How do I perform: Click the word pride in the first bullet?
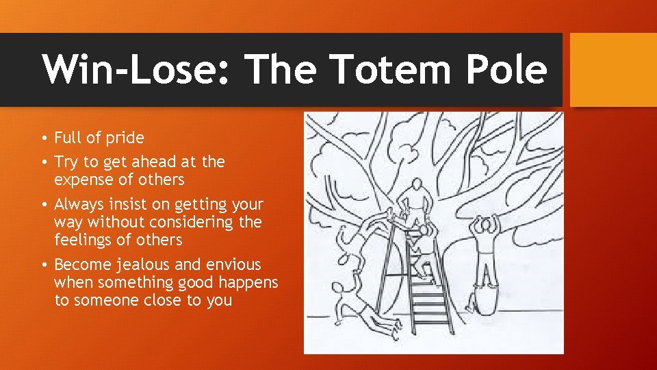[124, 138]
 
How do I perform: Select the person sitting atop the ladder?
[415, 203]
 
